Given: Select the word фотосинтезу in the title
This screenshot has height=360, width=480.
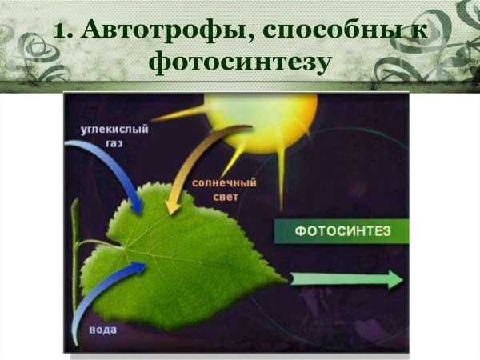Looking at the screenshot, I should point(240,62).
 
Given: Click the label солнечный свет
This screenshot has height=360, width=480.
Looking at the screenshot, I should point(215,189).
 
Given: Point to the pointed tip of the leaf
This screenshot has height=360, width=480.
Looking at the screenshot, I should point(283,279).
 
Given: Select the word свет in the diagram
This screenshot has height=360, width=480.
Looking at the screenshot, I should point(215,196).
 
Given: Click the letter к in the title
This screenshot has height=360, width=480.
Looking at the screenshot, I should point(417,31).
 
